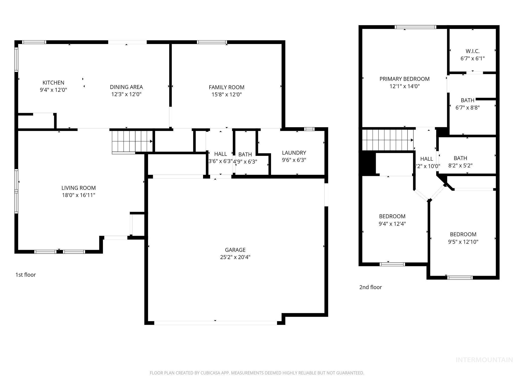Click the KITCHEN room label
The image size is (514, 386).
pos(53,83)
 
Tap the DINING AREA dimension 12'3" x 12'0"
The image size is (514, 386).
pos(126,94)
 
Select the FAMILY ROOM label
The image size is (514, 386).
pos(226,87)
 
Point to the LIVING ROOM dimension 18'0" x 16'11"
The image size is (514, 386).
pos(79,195)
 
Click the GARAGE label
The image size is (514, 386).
pos(235,250)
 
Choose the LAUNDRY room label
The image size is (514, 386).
pos(294,153)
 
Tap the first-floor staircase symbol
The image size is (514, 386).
pos(132,141)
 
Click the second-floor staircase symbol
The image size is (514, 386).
pos(388,140)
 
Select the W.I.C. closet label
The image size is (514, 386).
pos(473,51)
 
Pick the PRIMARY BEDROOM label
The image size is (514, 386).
pos(404,79)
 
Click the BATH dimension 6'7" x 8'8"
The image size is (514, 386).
pos(468,108)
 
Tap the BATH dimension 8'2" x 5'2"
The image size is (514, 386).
pos(460,166)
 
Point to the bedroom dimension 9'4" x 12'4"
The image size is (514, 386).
pos(392,224)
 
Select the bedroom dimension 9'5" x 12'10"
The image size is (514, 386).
pos(463,242)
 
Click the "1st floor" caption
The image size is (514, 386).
pos(26,275)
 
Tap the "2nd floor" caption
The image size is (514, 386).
pos(370,287)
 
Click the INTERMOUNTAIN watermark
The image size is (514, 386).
pos(484,360)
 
